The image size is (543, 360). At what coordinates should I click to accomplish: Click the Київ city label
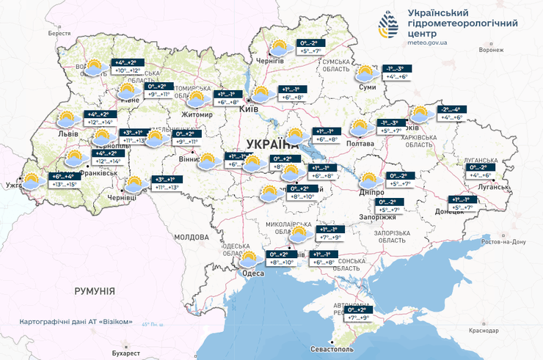249,109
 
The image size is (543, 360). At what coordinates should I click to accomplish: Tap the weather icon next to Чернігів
279,48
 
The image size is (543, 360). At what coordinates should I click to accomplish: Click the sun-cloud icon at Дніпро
370,179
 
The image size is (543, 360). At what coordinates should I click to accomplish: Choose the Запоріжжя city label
378,217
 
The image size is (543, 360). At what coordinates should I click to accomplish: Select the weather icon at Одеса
249,258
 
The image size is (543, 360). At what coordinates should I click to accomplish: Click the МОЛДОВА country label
192,238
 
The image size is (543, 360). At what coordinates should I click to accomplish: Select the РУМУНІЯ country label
95,291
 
